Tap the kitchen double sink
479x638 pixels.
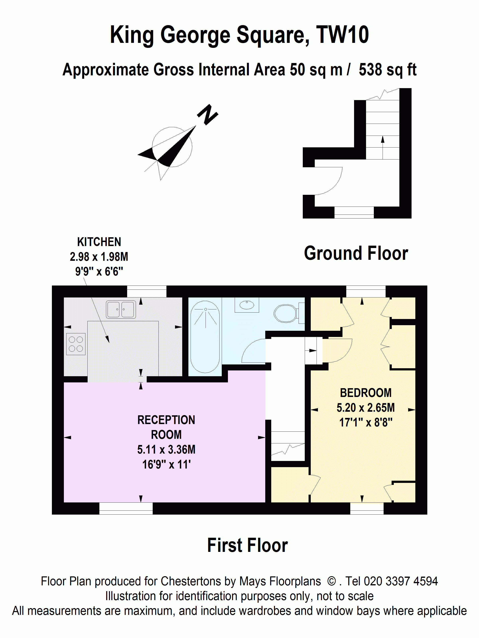[121, 309]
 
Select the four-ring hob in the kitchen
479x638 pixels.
[76, 344]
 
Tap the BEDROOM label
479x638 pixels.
[365, 393]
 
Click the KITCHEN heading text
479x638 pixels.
[99, 242]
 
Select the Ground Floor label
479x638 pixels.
[356, 253]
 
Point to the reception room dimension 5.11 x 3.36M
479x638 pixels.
[166, 450]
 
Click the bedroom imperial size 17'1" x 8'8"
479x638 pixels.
[365, 422]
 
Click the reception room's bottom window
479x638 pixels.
[126, 508]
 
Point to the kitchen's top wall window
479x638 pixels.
[147, 291]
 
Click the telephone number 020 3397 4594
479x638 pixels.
[401, 581]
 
